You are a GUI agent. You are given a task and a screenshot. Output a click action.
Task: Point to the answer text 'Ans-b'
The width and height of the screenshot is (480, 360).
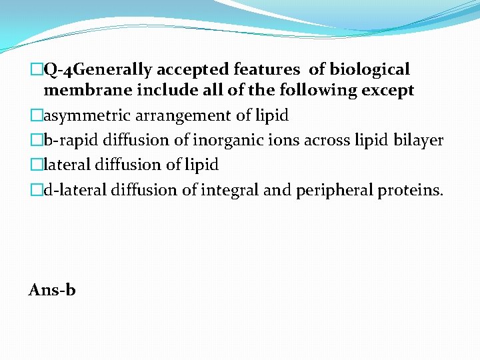pos(52,290)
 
